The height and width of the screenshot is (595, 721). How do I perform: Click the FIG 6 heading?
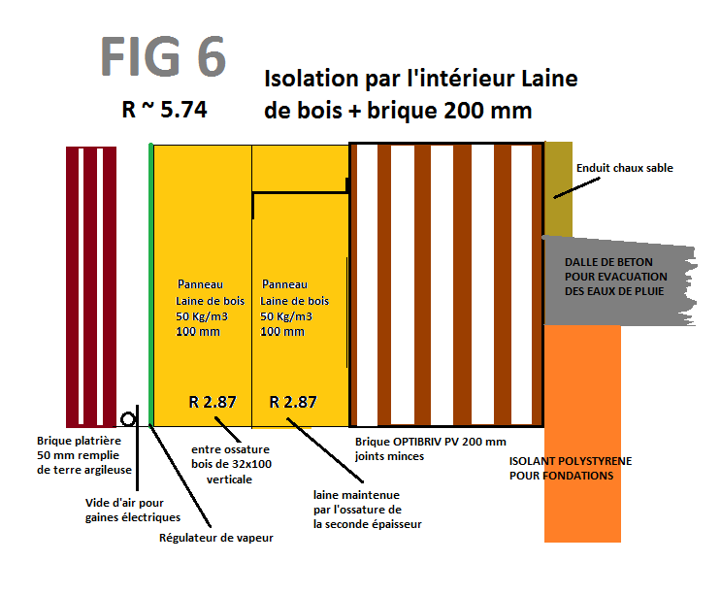tap(163, 57)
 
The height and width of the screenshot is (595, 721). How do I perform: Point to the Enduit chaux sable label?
tap(624, 168)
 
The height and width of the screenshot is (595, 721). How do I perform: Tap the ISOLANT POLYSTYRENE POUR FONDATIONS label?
tap(570, 469)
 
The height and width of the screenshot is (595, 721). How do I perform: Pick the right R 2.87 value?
tap(292, 401)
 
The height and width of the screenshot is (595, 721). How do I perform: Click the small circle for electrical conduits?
tap(128, 418)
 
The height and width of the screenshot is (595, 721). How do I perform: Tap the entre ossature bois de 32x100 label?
tap(231, 464)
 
